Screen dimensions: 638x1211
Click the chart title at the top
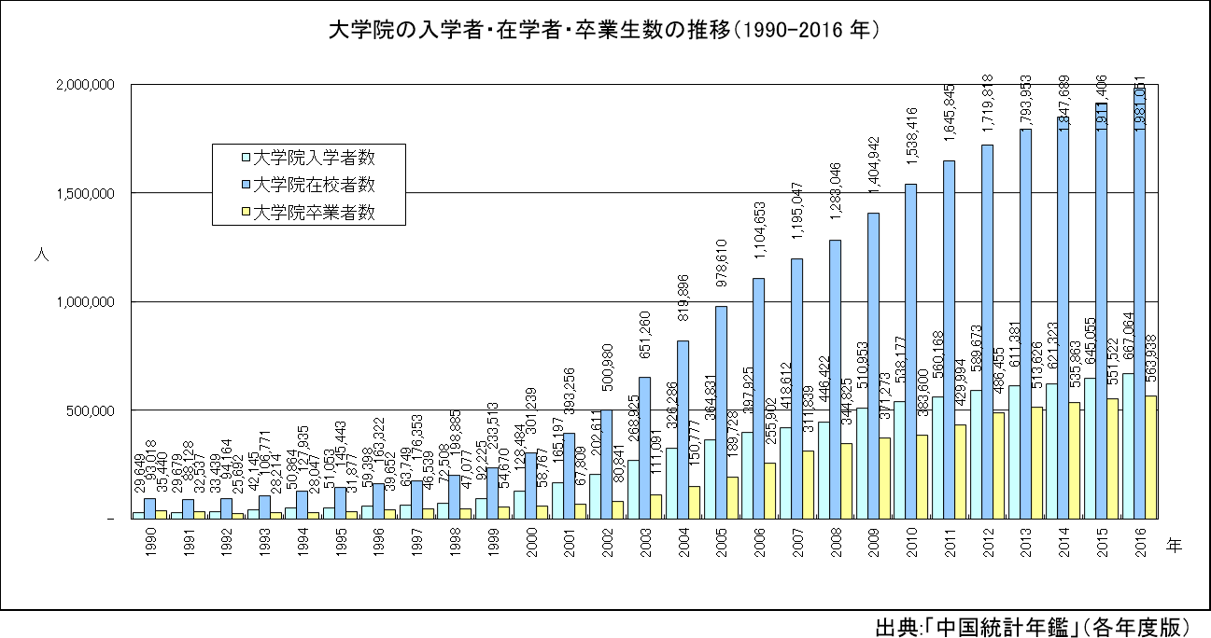[605, 30]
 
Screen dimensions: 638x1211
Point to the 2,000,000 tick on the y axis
[86, 85]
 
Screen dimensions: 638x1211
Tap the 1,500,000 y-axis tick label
[86, 193]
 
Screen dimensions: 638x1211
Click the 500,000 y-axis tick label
[92, 410]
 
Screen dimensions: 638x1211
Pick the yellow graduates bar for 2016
[1151, 457]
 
